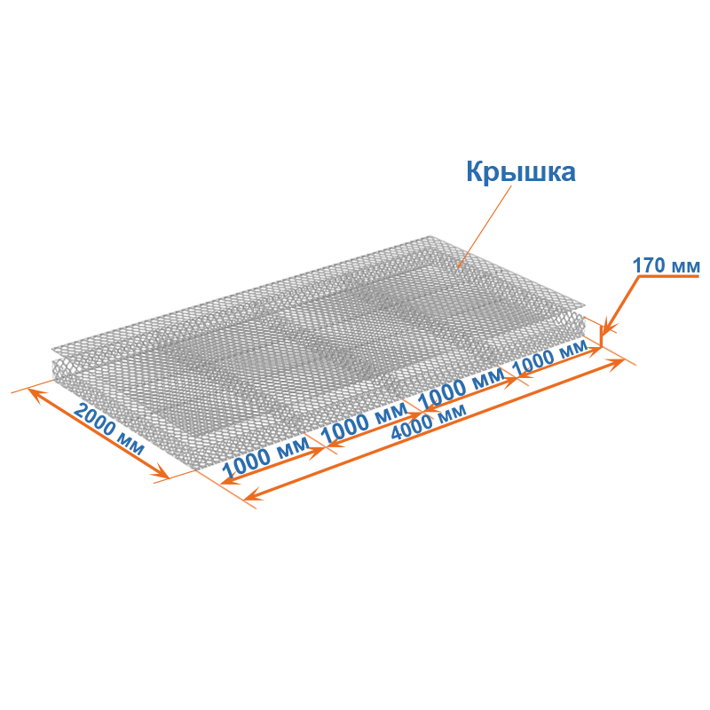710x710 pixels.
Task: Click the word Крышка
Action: (521, 171)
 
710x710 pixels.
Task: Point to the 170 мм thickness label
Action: (666, 265)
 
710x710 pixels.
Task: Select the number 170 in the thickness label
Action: (649, 265)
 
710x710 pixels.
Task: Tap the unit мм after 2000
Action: (132, 443)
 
